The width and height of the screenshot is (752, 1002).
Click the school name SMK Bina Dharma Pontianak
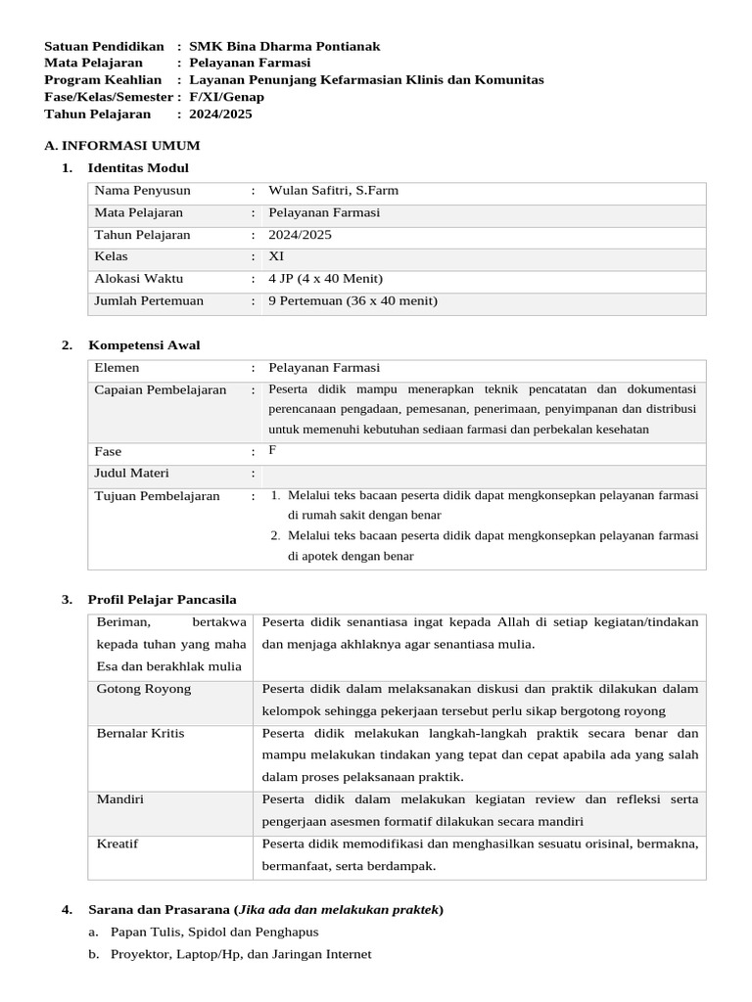tap(284, 46)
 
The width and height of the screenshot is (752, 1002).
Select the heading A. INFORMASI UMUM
tap(122, 145)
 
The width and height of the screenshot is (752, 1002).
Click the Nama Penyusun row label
tap(142, 191)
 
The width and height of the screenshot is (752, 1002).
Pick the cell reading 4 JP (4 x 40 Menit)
tap(325, 279)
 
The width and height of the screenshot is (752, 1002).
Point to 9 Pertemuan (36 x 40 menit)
tap(352, 301)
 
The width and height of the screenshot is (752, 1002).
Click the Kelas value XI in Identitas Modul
tap(276, 256)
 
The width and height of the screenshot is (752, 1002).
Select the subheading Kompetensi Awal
tap(144, 345)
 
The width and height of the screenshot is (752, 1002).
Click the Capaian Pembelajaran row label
tap(160, 390)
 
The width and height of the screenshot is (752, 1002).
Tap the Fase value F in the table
tap(273, 450)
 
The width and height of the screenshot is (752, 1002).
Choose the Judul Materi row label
tap(131, 474)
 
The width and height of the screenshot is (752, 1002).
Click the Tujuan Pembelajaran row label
tap(157, 496)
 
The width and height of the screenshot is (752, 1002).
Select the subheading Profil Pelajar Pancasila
tap(162, 599)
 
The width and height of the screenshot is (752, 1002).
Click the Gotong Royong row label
tap(143, 689)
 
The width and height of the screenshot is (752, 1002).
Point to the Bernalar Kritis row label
tap(140, 733)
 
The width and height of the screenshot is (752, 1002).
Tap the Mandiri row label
tap(119, 799)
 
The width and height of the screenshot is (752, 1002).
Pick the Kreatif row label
tap(117, 843)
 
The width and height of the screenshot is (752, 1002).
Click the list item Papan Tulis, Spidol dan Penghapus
tap(214, 933)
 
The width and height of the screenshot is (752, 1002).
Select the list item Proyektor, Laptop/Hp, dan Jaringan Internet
tap(241, 955)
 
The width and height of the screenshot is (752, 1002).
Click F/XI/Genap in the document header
tap(226, 97)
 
